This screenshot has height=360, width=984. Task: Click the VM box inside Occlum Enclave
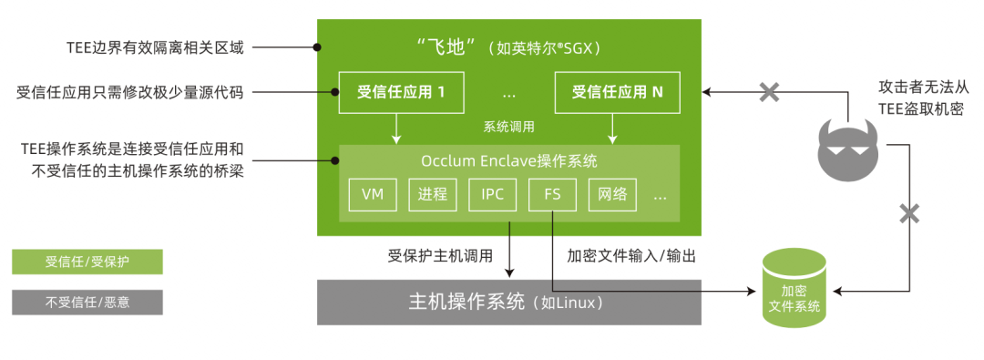(x=373, y=194)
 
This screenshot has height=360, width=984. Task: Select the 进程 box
(x=433, y=194)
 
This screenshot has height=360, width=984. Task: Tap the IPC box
(x=492, y=194)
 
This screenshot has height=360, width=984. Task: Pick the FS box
(x=553, y=194)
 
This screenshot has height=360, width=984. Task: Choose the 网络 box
(x=612, y=194)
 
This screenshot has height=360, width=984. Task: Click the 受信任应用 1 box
(x=400, y=92)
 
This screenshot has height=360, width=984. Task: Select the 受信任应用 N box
(x=617, y=92)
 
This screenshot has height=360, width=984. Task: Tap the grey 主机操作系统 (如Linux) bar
(x=508, y=302)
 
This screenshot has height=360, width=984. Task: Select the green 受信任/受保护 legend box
(x=87, y=262)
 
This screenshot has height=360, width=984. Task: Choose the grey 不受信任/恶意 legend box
(x=87, y=302)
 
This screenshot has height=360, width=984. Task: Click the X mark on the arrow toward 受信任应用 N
(x=769, y=91)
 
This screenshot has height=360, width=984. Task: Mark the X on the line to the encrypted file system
(x=909, y=214)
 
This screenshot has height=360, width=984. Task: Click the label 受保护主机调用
(x=439, y=256)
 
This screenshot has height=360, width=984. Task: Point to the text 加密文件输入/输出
(x=631, y=256)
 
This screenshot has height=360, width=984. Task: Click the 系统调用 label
(x=508, y=127)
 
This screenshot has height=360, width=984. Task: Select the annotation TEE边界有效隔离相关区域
(x=155, y=46)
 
